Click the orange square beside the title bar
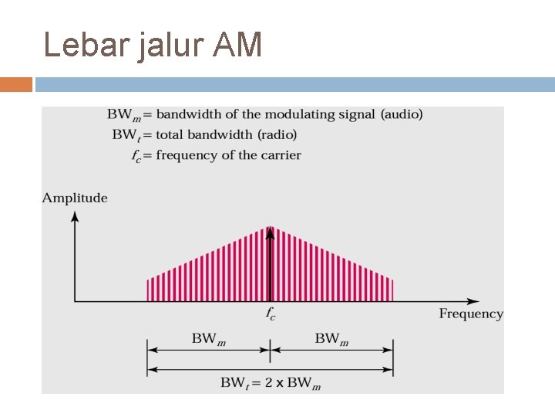coord(16,84)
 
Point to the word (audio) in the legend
coord(401,114)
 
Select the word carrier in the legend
coord(281,155)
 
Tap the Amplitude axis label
coord(75,198)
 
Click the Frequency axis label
coord(471,314)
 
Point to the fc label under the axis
coord(270,314)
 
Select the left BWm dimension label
coord(208,338)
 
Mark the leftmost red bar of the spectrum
coord(148,290)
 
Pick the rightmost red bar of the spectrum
coord(392,290)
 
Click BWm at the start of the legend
coord(123,114)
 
